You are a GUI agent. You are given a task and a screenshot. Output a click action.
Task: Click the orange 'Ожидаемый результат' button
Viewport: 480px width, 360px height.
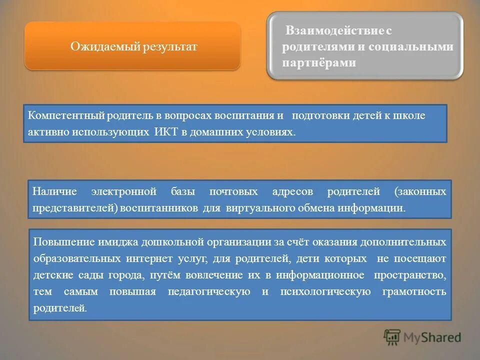pyautogui.click(x=133, y=46)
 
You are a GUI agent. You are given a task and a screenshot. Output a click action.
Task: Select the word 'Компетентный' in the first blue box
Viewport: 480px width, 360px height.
pyautogui.click(x=65, y=115)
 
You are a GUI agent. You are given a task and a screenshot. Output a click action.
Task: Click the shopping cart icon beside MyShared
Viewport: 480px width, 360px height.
pyautogui.click(x=392, y=337)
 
